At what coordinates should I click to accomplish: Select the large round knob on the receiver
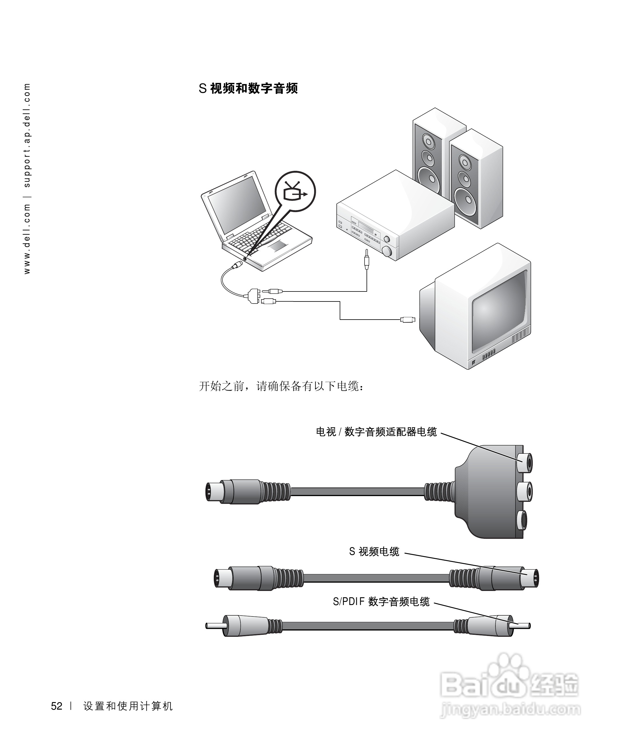pyautogui.click(x=387, y=252)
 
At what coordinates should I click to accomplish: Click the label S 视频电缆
pyautogui.click(x=374, y=551)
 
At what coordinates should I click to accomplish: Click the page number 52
pyautogui.click(x=57, y=706)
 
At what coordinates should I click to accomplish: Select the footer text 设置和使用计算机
pyautogui.click(x=128, y=706)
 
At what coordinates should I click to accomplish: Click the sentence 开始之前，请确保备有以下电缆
pyautogui.click(x=282, y=386)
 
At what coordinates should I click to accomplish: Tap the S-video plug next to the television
pyautogui.click(x=408, y=320)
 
